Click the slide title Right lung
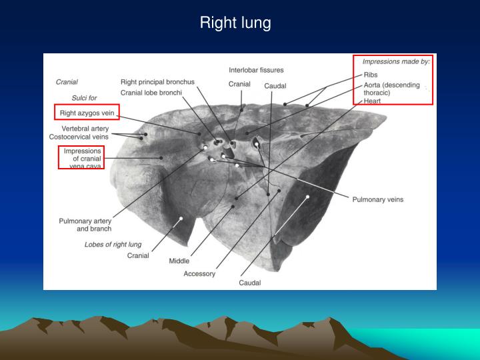point(235,23)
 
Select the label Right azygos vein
point(88,113)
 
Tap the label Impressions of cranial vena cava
point(82,159)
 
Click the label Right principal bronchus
point(157,82)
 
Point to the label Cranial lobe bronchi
point(151,93)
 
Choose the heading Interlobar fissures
point(256,70)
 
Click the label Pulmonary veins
point(377,199)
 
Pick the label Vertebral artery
point(85,128)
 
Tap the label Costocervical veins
point(79,137)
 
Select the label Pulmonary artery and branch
point(85,225)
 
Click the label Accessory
point(199,274)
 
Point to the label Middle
point(179,261)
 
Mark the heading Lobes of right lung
point(113,245)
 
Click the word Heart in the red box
point(372,101)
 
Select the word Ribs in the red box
point(371,75)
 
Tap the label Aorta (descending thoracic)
point(391,89)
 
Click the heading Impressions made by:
point(396,61)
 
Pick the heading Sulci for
point(84,98)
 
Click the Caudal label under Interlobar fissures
point(275,86)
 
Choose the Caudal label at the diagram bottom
point(250,283)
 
